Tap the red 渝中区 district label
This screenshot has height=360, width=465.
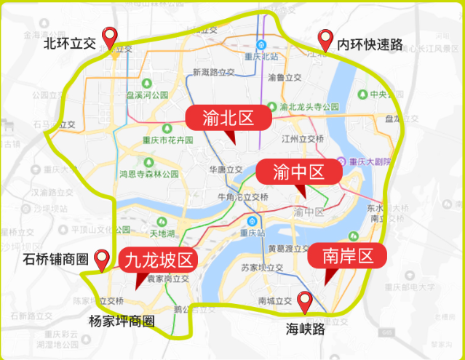298,172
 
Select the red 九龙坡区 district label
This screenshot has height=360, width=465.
159,260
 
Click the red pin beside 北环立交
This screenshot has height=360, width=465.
111,37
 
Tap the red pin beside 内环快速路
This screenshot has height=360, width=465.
325,40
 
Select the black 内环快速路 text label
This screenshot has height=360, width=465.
370,44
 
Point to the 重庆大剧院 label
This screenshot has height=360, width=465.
374,162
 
